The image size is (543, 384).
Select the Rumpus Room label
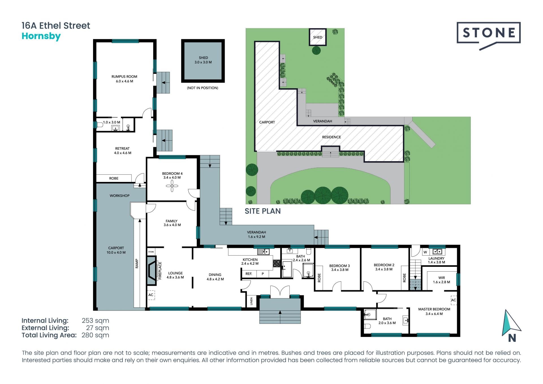click(x=124, y=77)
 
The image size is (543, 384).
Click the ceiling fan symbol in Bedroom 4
click(x=172, y=186)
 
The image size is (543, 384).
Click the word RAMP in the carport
click(x=137, y=263)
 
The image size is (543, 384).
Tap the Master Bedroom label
click(x=434, y=309)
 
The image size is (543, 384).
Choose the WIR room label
click(x=441, y=278)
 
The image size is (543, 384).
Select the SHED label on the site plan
click(x=318, y=37)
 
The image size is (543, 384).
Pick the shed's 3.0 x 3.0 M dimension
click(x=203, y=62)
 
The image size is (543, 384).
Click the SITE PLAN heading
click(x=263, y=211)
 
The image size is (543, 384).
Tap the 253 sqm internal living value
click(x=95, y=321)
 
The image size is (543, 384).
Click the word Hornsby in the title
click(x=41, y=37)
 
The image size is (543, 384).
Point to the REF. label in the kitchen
click(x=249, y=274)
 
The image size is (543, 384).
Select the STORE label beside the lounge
click(x=151, y=252)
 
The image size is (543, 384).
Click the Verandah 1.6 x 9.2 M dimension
click(x=257, y=237)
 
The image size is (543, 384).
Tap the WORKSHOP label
click(x=120, y=196)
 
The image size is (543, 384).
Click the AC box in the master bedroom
click(x=454, y=300)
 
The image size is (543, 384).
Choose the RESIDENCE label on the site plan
click(x=331, y=137)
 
